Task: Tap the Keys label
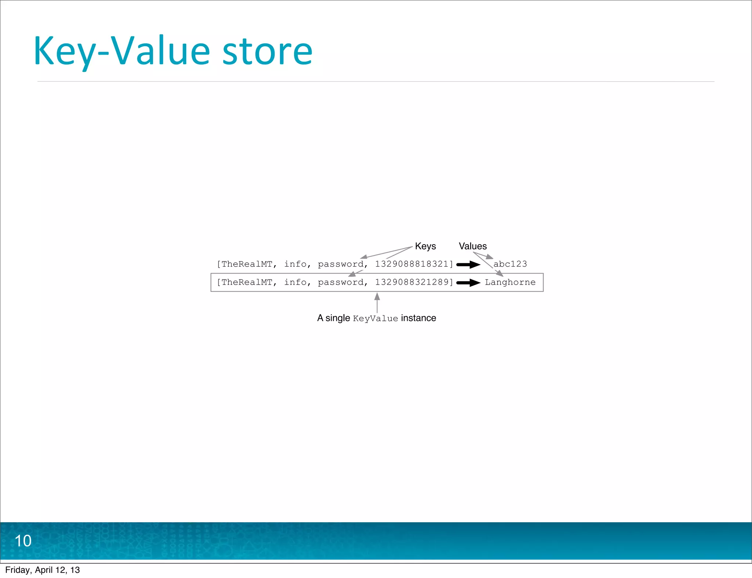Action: coord(425,246)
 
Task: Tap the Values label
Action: coord(473,246)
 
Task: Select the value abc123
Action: coord(510,264)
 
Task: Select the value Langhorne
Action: coord(510,282)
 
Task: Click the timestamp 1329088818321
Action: coord(412,264)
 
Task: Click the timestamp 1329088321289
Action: coord(412,282)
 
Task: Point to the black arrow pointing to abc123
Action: coord(468,264)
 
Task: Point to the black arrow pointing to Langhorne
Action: coord(468,283)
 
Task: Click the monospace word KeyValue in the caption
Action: coord(375,318)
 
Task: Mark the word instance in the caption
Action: coord(419,318)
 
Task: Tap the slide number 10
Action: coord(23,541)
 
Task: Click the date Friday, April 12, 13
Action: coord(43,570)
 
